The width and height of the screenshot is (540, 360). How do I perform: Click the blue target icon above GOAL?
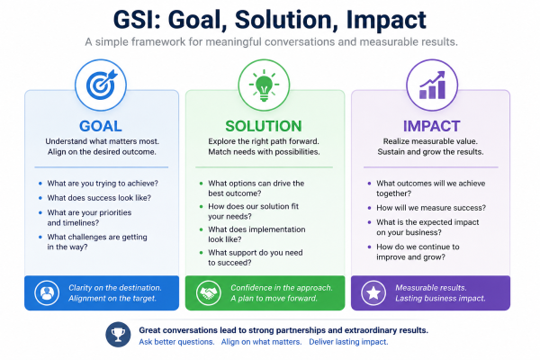(x=101, y=85)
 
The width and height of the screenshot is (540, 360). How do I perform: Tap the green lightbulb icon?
(x=264, y=85)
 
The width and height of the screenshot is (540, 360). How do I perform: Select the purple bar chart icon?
(x=432, y=85)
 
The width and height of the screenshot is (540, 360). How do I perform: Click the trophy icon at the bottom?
(x=118, y=335)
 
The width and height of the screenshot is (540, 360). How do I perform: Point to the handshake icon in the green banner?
(x=209, y=293)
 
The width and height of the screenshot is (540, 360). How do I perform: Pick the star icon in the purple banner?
(x=373, y=293)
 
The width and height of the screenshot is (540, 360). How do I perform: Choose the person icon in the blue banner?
(x=47, y=293)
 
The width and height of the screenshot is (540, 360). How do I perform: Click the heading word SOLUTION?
(x=264, y=126)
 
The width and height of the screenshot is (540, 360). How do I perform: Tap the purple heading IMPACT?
(x=431, y=126)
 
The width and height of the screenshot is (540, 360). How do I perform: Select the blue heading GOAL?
(x=101, y=126)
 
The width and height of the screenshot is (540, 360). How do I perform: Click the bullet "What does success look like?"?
(x=99, y=198)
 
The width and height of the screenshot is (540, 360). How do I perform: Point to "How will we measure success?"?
(x=431, y=208)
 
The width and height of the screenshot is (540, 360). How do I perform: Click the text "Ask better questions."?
(x=176, y=342)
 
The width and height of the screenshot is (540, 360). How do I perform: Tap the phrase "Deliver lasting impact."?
(x=348, y=342)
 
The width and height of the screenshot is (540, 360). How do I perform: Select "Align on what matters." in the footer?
(x=261, y=342)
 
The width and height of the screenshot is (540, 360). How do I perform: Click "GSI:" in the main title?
(x=138, y=20)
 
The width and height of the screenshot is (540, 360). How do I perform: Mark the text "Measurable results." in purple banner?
(x=431, y=288)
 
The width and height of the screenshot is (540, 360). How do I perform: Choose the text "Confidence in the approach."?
(x=282, y=288)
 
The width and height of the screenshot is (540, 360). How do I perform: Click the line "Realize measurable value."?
(x=430, y=141)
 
